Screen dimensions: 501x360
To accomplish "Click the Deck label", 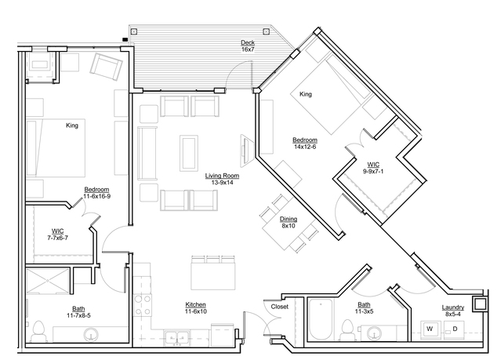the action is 248,42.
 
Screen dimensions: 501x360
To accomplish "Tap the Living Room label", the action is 222,176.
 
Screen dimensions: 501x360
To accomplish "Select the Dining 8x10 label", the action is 289,222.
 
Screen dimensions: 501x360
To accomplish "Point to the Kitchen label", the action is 195,304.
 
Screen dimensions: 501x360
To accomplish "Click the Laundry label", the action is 452,307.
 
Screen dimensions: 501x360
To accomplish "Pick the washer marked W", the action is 430,329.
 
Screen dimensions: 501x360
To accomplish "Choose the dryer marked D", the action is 455,329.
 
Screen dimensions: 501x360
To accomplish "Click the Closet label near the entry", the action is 280,307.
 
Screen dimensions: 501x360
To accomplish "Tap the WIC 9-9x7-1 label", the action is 373,168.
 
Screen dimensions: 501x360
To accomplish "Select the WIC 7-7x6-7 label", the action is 57,235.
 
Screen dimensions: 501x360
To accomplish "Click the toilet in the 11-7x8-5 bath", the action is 38,332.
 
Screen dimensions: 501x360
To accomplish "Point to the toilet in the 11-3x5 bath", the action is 347,330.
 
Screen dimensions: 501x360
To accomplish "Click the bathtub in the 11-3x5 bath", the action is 321,319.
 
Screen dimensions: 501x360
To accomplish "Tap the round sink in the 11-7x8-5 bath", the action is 91,334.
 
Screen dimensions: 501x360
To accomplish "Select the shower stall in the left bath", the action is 47,281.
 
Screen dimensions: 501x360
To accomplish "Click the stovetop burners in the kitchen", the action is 142,305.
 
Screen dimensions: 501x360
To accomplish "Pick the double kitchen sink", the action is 176,337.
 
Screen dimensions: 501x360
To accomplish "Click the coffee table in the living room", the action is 189,153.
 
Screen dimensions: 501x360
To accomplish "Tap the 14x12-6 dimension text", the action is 305,147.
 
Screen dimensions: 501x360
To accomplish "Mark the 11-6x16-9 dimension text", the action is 96,196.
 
